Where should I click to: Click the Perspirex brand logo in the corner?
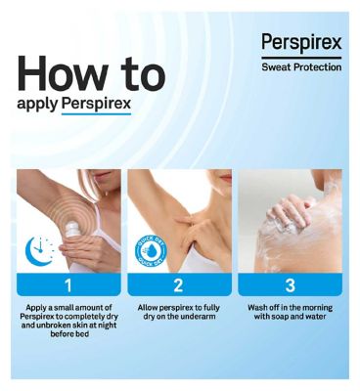coord(301,43)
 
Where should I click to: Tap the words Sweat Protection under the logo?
coord(301,67)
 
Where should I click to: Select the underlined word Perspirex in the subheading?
coord(96,105)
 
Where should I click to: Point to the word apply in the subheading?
coord(37,105)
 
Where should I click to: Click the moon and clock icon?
coord(39,250)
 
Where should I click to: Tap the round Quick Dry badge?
coord(151,251)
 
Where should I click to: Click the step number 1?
coord(68,285)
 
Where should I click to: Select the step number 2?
coord(179,285)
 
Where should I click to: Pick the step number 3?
coord(290,285)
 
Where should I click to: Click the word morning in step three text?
coord(317,308)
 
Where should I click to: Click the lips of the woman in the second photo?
coord(226,177)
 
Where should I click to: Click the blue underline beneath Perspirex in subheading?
coord(96,114)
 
